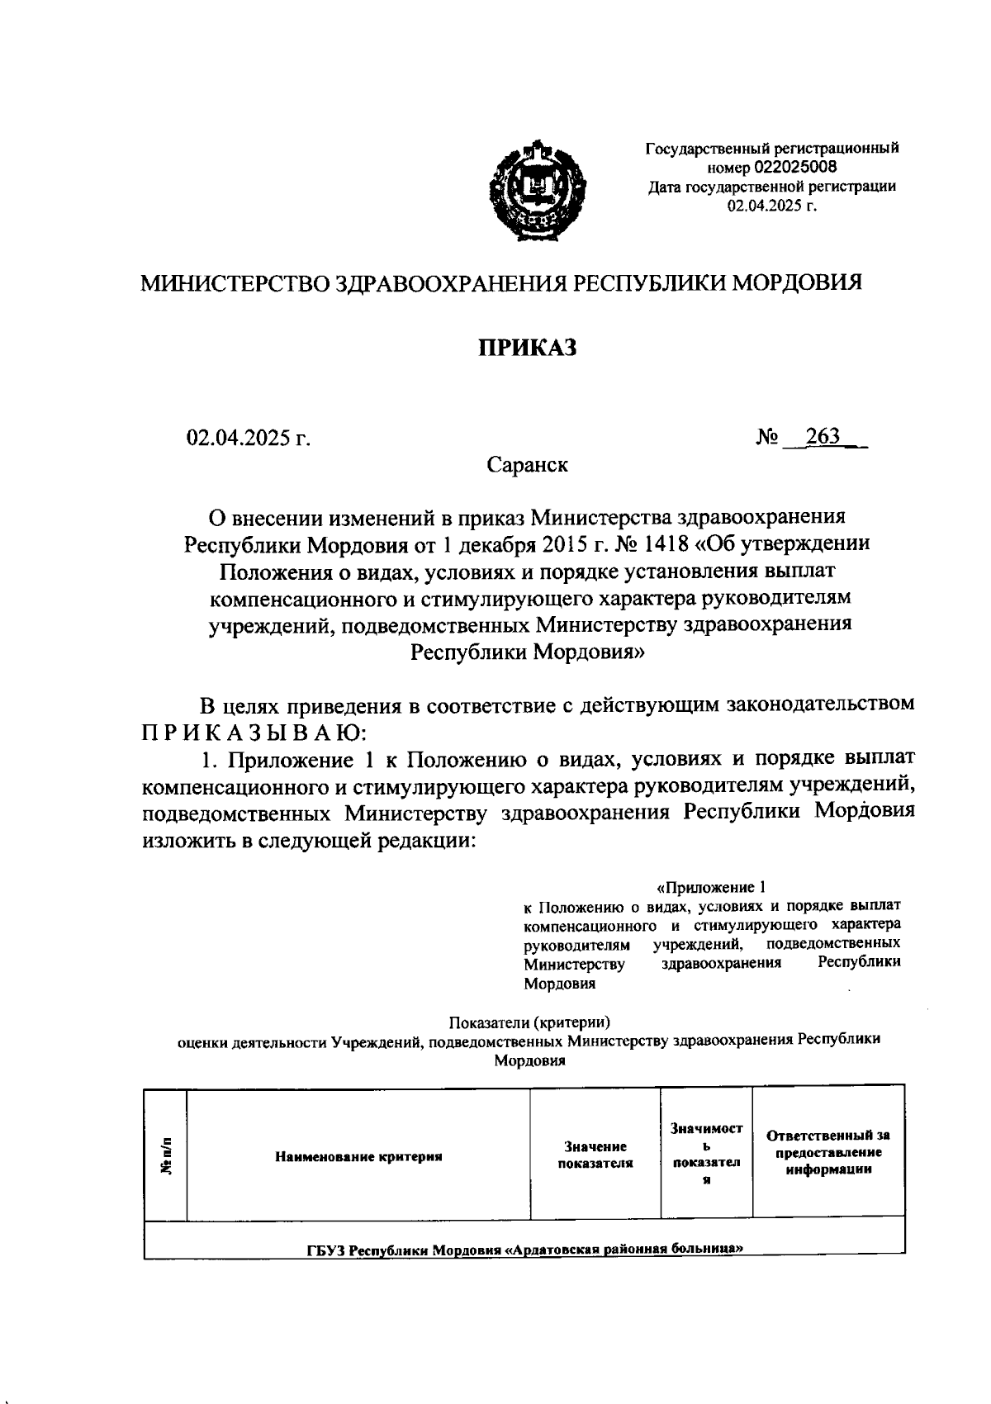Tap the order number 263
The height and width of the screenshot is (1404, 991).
[x=823, y=437]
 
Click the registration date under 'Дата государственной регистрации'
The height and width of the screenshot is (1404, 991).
[x=771, y=205]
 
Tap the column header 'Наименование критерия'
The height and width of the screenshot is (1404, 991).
[x=358, y=1156]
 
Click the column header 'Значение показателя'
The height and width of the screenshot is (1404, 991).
[x=595, y=1155]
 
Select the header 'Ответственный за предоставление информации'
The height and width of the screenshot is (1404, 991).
[x=828, y=1152]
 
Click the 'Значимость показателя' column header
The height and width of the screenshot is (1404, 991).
[x=706, y=1154]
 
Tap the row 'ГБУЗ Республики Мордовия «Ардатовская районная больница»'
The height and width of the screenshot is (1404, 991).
[x=521, y=1249]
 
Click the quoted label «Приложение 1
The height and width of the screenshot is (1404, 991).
[x=711, y=888]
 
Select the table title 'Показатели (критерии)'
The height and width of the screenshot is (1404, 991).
[x=529, y=1021]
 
